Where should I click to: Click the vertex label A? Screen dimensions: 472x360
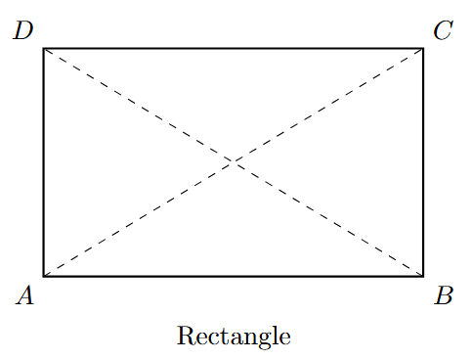(25, 295)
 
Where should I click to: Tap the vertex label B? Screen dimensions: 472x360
(443, 295)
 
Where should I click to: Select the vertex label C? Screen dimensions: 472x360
(443, 30)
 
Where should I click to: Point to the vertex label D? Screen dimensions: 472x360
(24, 30)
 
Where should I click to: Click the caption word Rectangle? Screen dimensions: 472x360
(234, 337)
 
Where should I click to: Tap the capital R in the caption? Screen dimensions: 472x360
(185, 337)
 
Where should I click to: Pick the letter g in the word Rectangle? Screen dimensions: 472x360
(261, 339)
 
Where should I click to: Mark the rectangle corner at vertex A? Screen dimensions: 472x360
(44, 276)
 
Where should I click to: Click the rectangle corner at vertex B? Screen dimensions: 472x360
(423, 276)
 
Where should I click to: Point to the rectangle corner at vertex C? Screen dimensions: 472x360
(423, 47)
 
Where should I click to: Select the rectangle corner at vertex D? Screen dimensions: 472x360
(44, 47)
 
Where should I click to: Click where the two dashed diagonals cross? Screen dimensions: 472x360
(234, 161)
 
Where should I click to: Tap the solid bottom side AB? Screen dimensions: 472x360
(234, 276)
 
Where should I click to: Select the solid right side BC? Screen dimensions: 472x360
(423, 161)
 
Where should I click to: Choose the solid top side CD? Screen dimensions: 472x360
(234, 47)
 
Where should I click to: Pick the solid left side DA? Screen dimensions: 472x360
(44, 161)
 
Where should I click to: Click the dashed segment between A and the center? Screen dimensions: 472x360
(139, 219)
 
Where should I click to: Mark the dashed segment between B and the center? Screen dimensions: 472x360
(328, 219)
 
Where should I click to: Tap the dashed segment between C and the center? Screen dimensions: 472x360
(328, 104)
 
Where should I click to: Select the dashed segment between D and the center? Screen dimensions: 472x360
(139, 104)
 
